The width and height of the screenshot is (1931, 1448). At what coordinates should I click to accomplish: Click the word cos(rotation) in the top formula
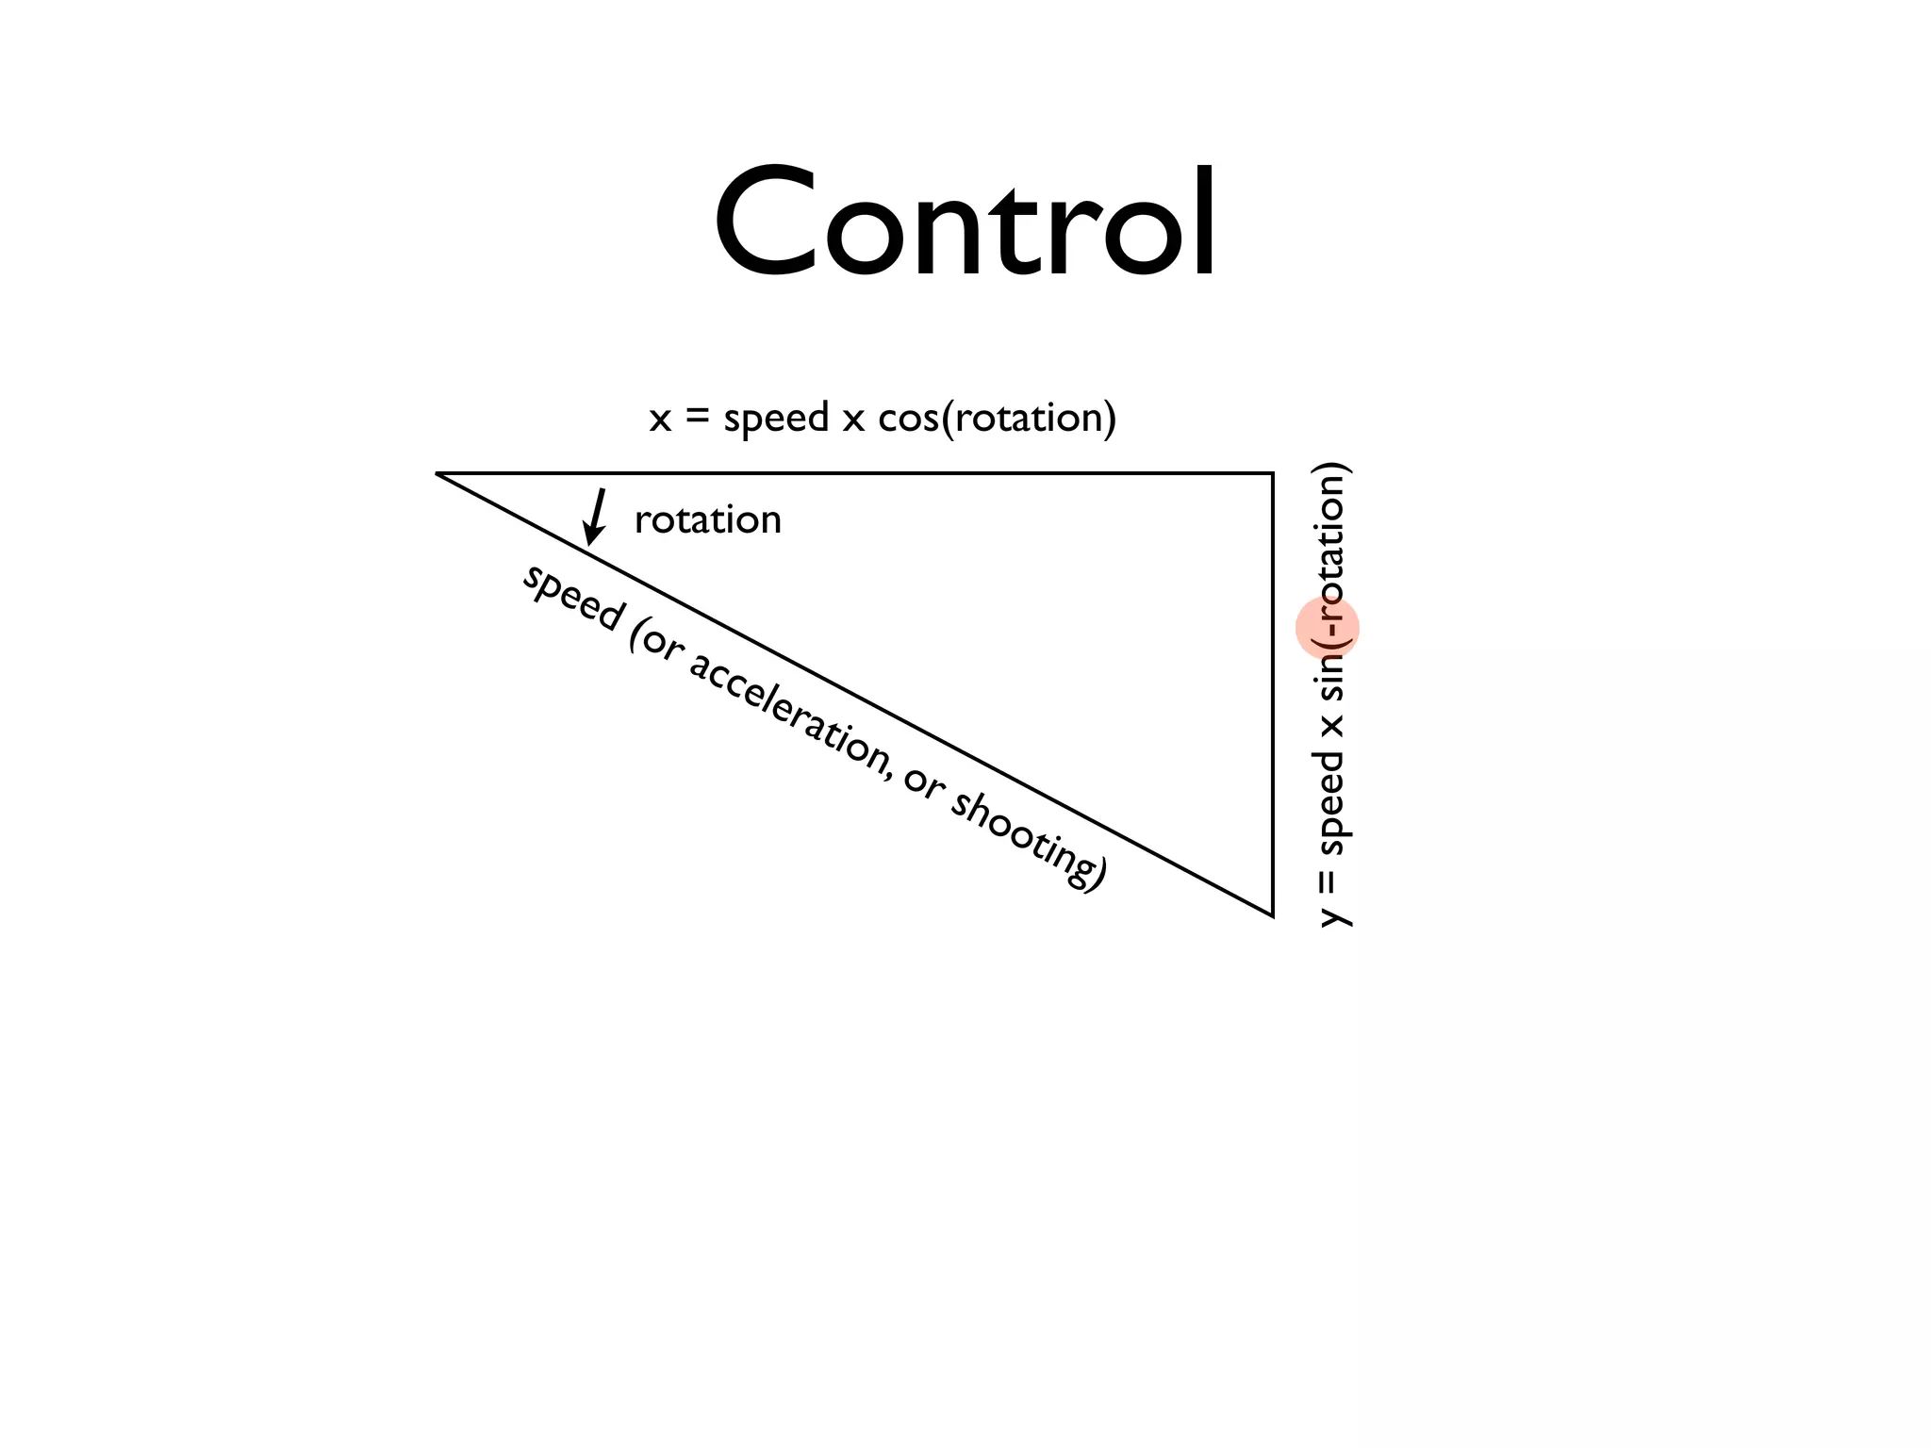(x=997, y=418)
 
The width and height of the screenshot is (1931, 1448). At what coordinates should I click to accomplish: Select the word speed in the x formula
(x=775, y=419)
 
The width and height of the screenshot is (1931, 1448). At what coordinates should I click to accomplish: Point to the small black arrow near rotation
(x=594, y=517)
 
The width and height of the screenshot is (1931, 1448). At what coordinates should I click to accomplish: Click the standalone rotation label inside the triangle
(x=707, y=519)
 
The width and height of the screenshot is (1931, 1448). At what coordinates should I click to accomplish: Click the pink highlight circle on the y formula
(x=1327, y=628)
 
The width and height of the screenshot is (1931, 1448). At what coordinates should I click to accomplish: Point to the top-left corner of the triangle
(x=437, y=473)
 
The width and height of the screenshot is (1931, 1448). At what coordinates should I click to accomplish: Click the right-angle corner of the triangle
(x=1273, y=473)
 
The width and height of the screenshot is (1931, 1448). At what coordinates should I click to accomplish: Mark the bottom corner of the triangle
(x=1273, y=914)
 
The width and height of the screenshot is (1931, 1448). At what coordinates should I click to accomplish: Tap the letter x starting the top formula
(x=660, y=420)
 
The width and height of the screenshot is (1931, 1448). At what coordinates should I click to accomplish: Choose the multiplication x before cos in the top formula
(x=852, y=420)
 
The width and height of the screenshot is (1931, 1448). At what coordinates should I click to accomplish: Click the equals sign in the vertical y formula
(x=1329, y=881)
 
